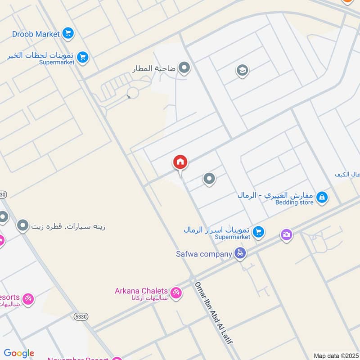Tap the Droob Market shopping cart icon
[68, 33]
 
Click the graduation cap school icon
[242, 70]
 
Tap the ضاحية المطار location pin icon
[184, 68]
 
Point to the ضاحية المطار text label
[153, 69]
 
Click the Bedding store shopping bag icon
[322, 197]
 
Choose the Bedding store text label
[294, 202]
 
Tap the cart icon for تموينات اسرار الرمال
[258, 232]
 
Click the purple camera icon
[287, 234]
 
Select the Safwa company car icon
[240, 253]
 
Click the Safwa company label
[204, 254]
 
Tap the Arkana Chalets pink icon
[176, 292]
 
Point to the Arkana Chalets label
[141, 291]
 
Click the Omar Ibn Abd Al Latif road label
[213, 313]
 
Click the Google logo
[18, 353]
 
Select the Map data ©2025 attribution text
[335, 355]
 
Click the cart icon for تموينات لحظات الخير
[82, 57]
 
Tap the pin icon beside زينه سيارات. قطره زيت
[23, 225]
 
